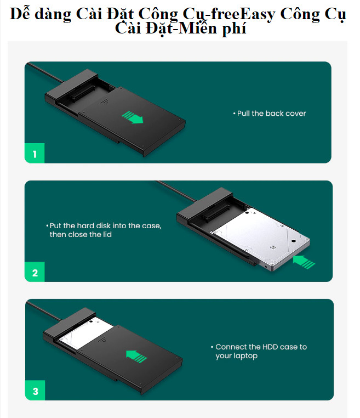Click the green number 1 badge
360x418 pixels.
coord(35,154)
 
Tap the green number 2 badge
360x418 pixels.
coord(35,273)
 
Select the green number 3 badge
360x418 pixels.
coord(35,391)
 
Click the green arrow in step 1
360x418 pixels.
coord(132,117)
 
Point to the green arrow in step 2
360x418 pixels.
coord(304,262)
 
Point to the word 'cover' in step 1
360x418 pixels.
coord(295,114)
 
